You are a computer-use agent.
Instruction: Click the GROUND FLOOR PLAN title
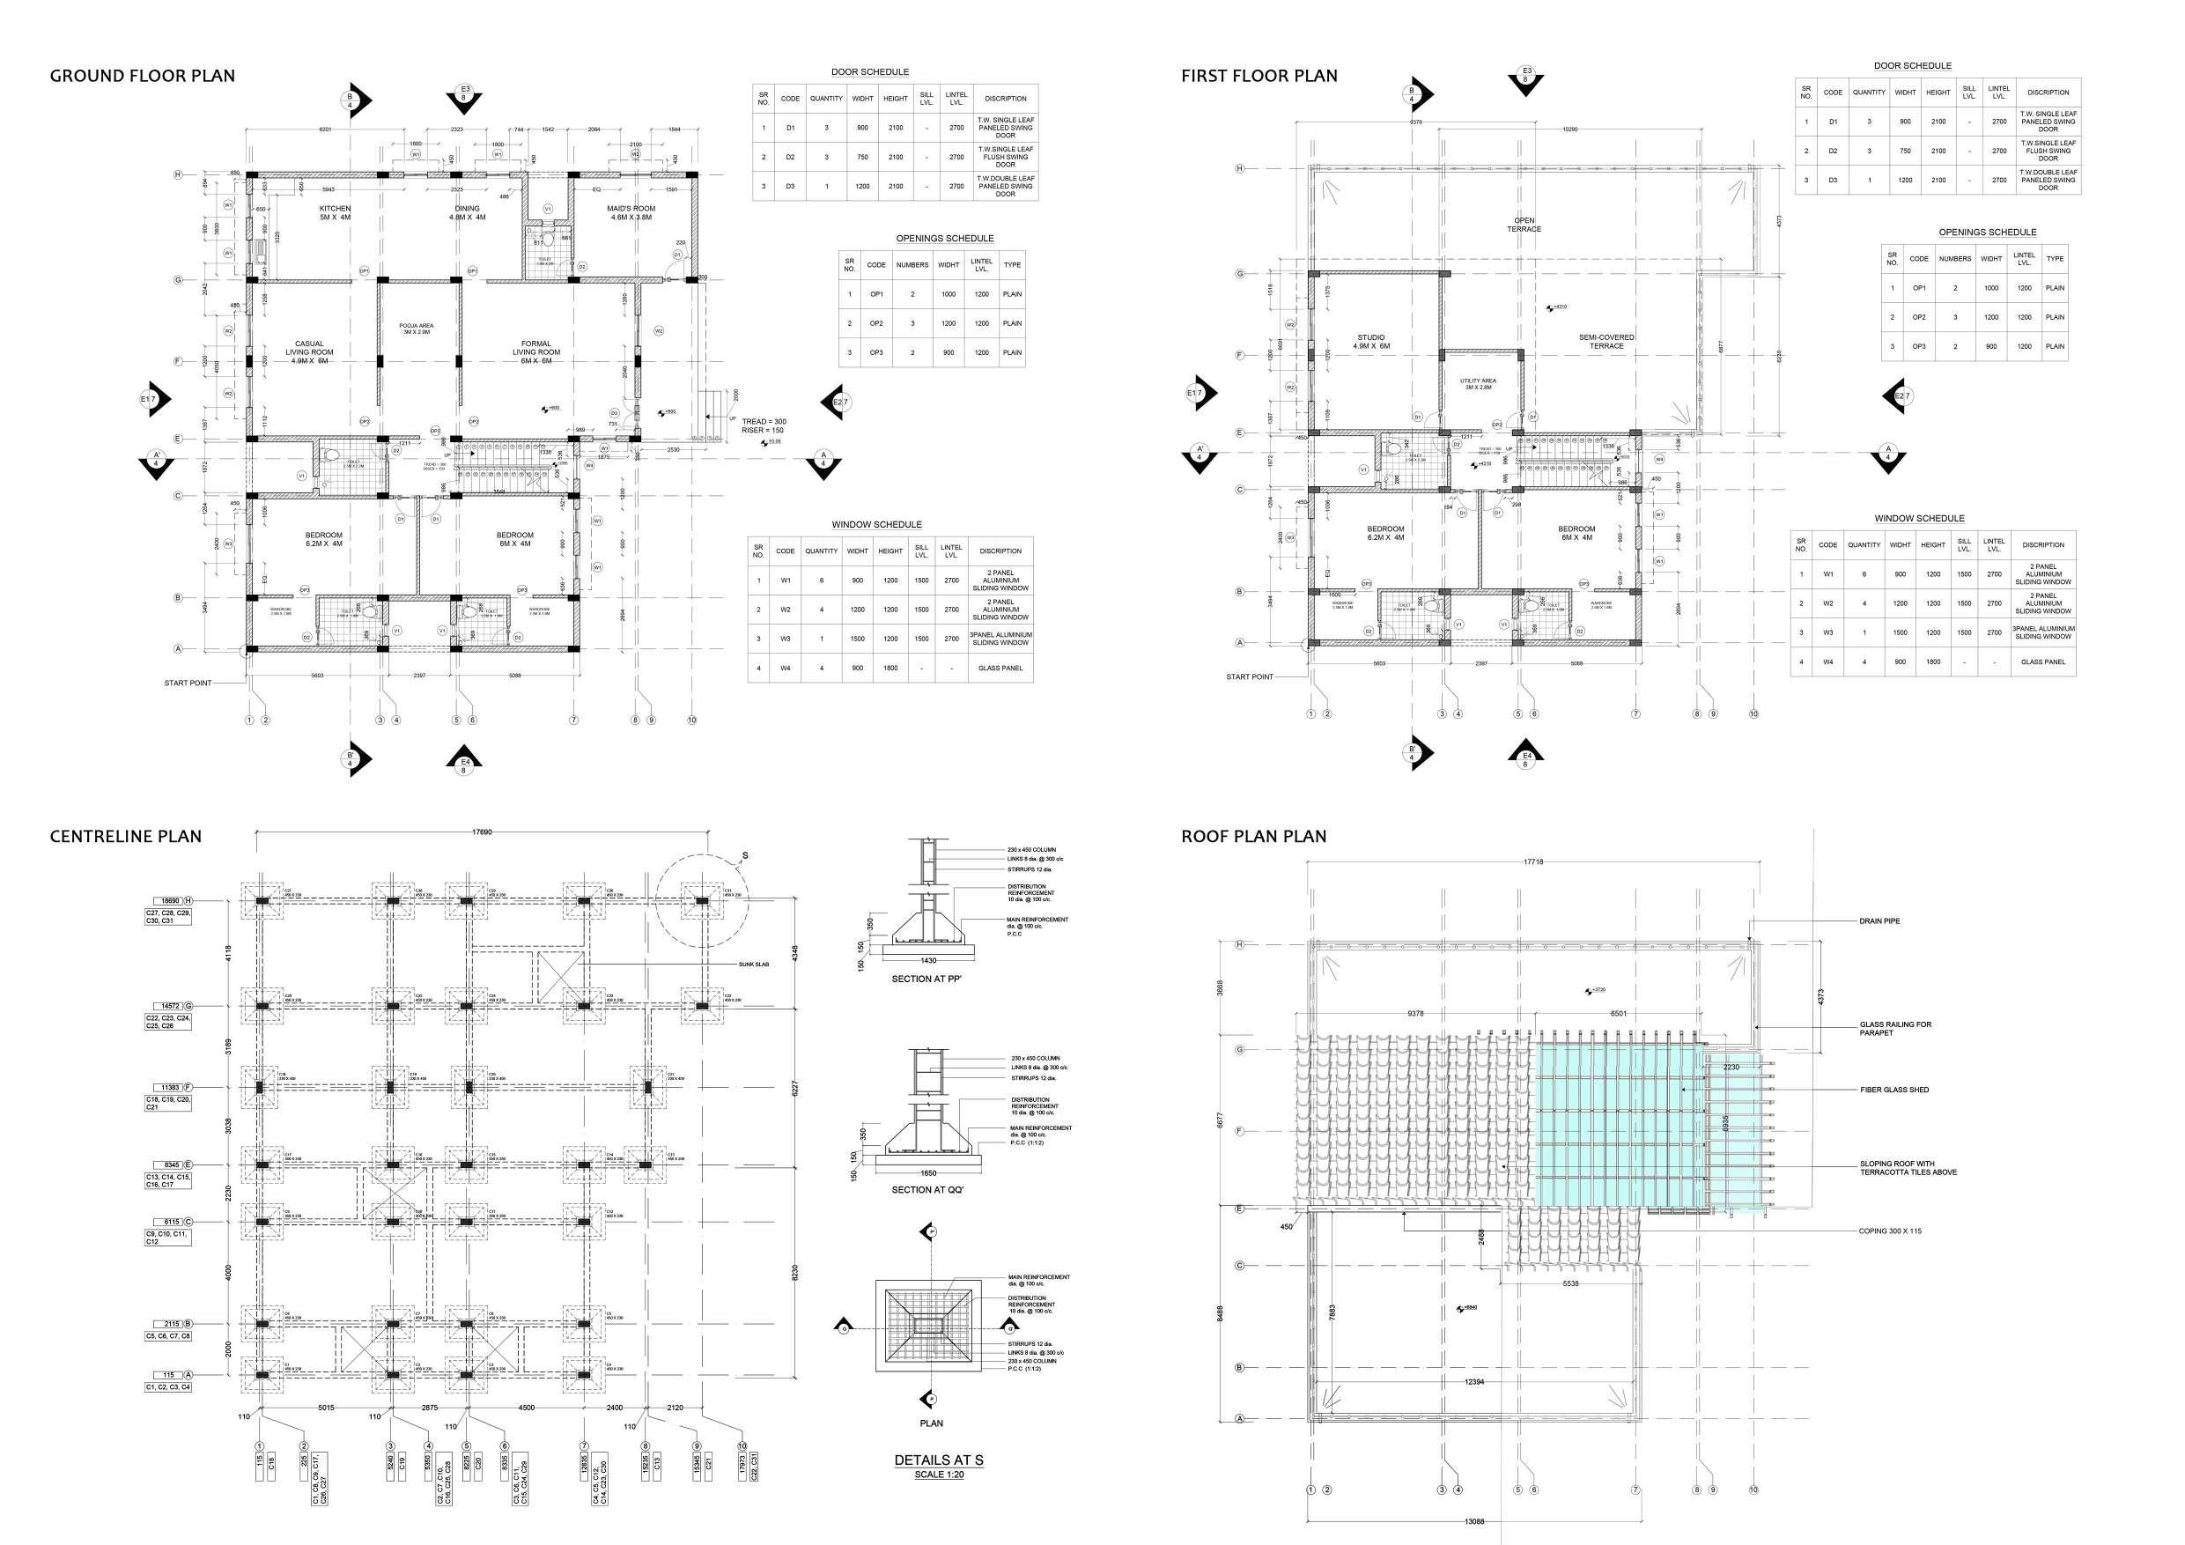(142, 76)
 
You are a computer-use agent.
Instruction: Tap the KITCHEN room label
(335, 212)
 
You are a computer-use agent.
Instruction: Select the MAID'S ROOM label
(633, 212)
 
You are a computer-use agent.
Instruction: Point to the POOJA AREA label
(416, 329)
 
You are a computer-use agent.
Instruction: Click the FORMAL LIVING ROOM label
(535, 349)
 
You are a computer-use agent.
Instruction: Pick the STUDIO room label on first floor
(1371, 342)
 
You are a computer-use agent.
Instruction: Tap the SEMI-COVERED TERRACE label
(1606, 342)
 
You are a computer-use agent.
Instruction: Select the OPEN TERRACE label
(1524, 225)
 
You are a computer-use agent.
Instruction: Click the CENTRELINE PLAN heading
(126, 837)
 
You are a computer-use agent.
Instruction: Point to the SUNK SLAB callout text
(754, 965)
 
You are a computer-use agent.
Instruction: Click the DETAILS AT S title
(938, 1460)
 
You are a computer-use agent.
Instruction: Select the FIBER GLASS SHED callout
(1893, 1090)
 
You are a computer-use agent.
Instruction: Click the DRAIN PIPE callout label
(1879, 921)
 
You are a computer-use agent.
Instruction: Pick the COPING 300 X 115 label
(1890, 1231)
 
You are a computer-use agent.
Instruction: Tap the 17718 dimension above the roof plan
(1532, 862)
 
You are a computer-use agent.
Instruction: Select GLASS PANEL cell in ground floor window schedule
(1000, 669)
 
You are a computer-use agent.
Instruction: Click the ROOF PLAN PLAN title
(1253, 837)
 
